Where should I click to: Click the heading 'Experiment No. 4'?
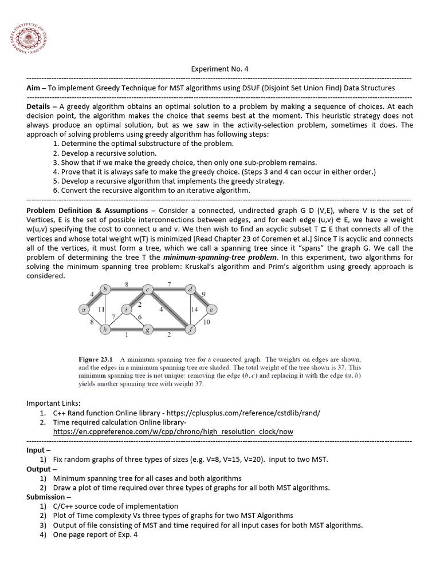click(219, 69)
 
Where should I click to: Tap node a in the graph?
click(84, 310)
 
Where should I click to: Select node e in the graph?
click(211, 310)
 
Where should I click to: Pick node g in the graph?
click(148, 330)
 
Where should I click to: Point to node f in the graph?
click(190, 330)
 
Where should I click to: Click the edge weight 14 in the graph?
click(194, 310)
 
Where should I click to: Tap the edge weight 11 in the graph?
click(101, 310)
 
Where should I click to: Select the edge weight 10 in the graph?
click(206, 322)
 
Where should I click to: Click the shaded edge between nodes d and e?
click(201, 299)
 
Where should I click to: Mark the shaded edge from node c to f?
click(169, 310)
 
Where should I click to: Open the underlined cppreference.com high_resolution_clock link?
click(173, 431)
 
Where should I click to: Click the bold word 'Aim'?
click(33, 88)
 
